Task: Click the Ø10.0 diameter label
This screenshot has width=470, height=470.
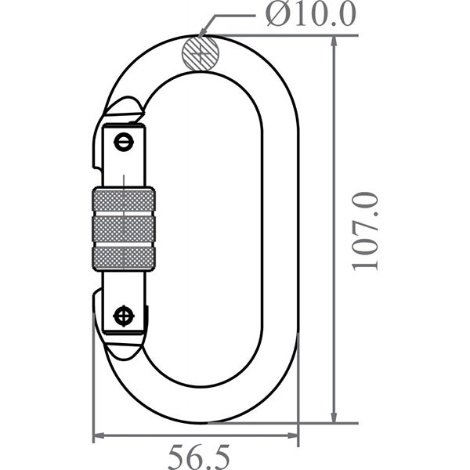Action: (x=309, y=13)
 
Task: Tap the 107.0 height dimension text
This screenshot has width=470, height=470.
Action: (x=366, y=230)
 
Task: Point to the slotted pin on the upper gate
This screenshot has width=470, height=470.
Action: (x=123, y=143)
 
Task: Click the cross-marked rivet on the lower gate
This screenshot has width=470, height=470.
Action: (x=123, y=316)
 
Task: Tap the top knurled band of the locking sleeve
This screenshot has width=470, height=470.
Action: (x=124, y=201)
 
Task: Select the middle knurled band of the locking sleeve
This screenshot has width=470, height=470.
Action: (x=124, y=230)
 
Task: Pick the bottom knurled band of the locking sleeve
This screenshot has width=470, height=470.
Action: (x=124, y=258)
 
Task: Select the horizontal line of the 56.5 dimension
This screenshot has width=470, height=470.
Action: (x=196, y=437)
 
